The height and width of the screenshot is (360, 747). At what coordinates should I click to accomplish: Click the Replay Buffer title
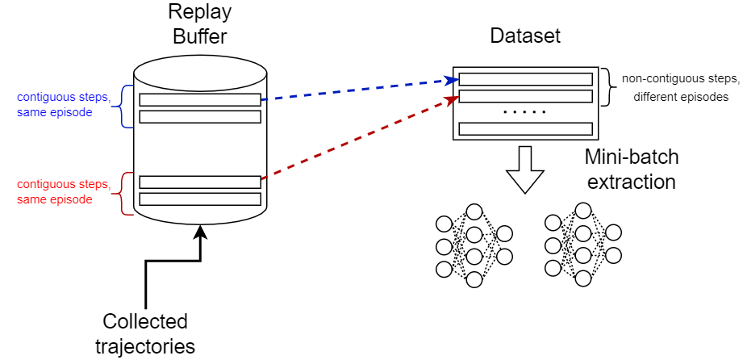[199, 24]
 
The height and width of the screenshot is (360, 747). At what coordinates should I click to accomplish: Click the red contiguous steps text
[54, 192]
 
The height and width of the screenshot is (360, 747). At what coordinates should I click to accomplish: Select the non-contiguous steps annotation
[670, 88]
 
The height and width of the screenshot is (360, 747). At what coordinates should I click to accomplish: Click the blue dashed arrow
[355, 90]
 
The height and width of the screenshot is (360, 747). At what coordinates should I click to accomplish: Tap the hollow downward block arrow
[525, 170]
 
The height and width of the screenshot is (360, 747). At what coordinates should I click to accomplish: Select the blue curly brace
[126, 106]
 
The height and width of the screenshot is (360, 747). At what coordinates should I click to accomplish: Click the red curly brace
[126, 193]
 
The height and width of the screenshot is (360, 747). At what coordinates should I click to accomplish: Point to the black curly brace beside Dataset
[605, 87]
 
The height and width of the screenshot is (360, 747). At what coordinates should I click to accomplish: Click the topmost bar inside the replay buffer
[200, 100]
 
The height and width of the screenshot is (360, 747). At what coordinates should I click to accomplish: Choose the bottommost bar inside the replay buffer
[200, 199]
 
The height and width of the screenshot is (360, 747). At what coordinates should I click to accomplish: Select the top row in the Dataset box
[525, 79]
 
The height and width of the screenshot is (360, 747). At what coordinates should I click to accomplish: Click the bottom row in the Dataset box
[525, 128]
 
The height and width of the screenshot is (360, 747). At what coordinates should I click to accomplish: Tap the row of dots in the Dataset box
[525, 112]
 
